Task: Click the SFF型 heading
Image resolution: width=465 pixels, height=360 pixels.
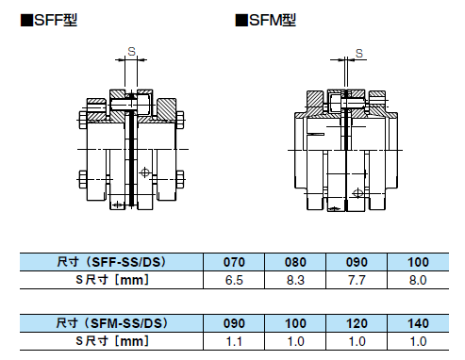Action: point(49,21)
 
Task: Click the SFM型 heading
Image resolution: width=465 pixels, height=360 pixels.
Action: point(266,21)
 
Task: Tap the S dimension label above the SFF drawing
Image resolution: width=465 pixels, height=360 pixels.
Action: point(132,51)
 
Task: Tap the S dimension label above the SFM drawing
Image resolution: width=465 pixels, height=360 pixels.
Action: point(359,54)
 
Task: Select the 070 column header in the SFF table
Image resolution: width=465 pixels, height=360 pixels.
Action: point(234,262)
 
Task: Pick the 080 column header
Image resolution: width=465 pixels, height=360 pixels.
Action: point(295,262)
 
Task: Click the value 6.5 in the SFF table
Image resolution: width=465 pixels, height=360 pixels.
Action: point(234,280)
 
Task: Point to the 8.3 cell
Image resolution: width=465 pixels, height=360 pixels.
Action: point(295,280)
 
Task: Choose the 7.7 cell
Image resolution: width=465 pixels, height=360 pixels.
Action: point(357,280)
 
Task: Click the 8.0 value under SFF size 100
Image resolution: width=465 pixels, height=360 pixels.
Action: point(418,280)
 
